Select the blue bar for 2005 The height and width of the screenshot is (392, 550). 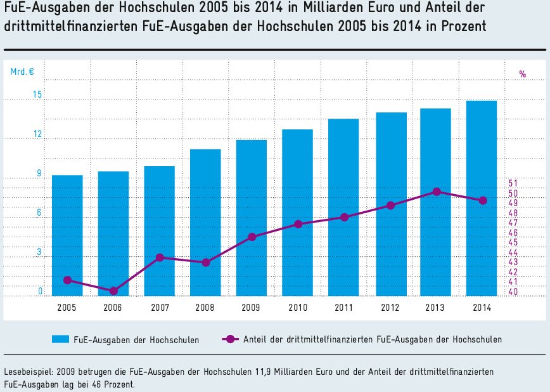click(x=67, y=235)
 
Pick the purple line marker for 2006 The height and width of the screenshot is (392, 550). click(x=113, y=291)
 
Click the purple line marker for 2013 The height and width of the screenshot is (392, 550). click(x=437, y=192)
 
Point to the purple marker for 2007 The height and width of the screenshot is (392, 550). click(x=160, y=258)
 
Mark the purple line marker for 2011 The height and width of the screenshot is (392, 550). click(x=344, y=217)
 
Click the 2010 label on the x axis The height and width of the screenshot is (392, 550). click(x=298, y=308)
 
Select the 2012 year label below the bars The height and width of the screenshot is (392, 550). click(x=390, y=308)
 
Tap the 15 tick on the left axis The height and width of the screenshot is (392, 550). click(x=37, y=95)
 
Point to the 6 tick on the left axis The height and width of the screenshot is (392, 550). click(x=39, y=213)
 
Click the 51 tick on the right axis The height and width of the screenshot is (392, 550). click(x=513, y=183)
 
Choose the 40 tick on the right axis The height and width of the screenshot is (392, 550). click(x=513, y=292)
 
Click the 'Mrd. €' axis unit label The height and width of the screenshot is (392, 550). click(x=22, y=72)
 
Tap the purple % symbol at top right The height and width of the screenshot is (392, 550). click(x=523, y=74)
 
